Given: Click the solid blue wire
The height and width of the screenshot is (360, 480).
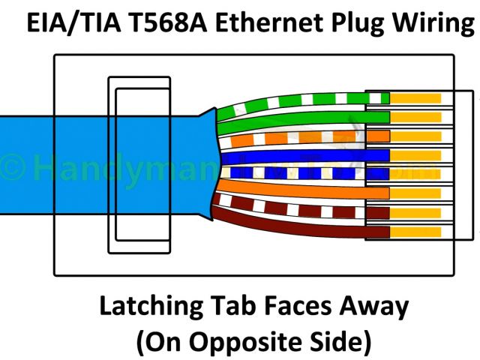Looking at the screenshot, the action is [x=300, y=156].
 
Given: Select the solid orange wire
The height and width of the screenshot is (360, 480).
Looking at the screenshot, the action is [x=300, y=193].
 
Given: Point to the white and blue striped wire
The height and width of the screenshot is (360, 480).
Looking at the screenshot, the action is [x=300, y=173].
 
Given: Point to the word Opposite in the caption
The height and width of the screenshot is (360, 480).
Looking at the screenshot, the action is [x=247, y=342].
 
